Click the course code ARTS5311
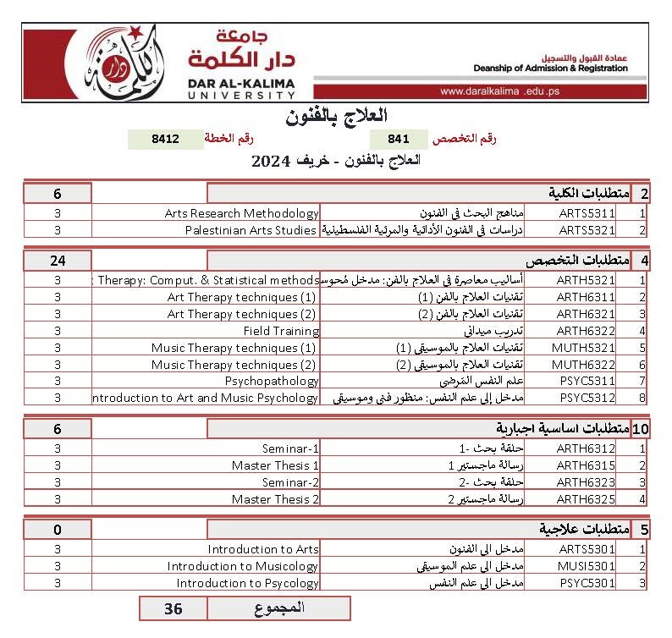tap(587, 213)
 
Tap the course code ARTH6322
tap(587, 331)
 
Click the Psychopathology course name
tap(271, 381)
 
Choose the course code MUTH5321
tap(587, 348)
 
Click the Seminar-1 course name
tap(290, 448)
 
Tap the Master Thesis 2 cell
tap(275, 499)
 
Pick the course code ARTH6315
tap(587, 465)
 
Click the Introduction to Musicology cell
tap(243, 566)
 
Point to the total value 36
tap(173, 608)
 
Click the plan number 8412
tap(165, 139)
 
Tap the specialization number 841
tap(399, 139)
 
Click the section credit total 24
tap(58, 260)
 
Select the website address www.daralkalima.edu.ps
tap(500, 91)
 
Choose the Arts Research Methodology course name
tap(241, 213)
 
